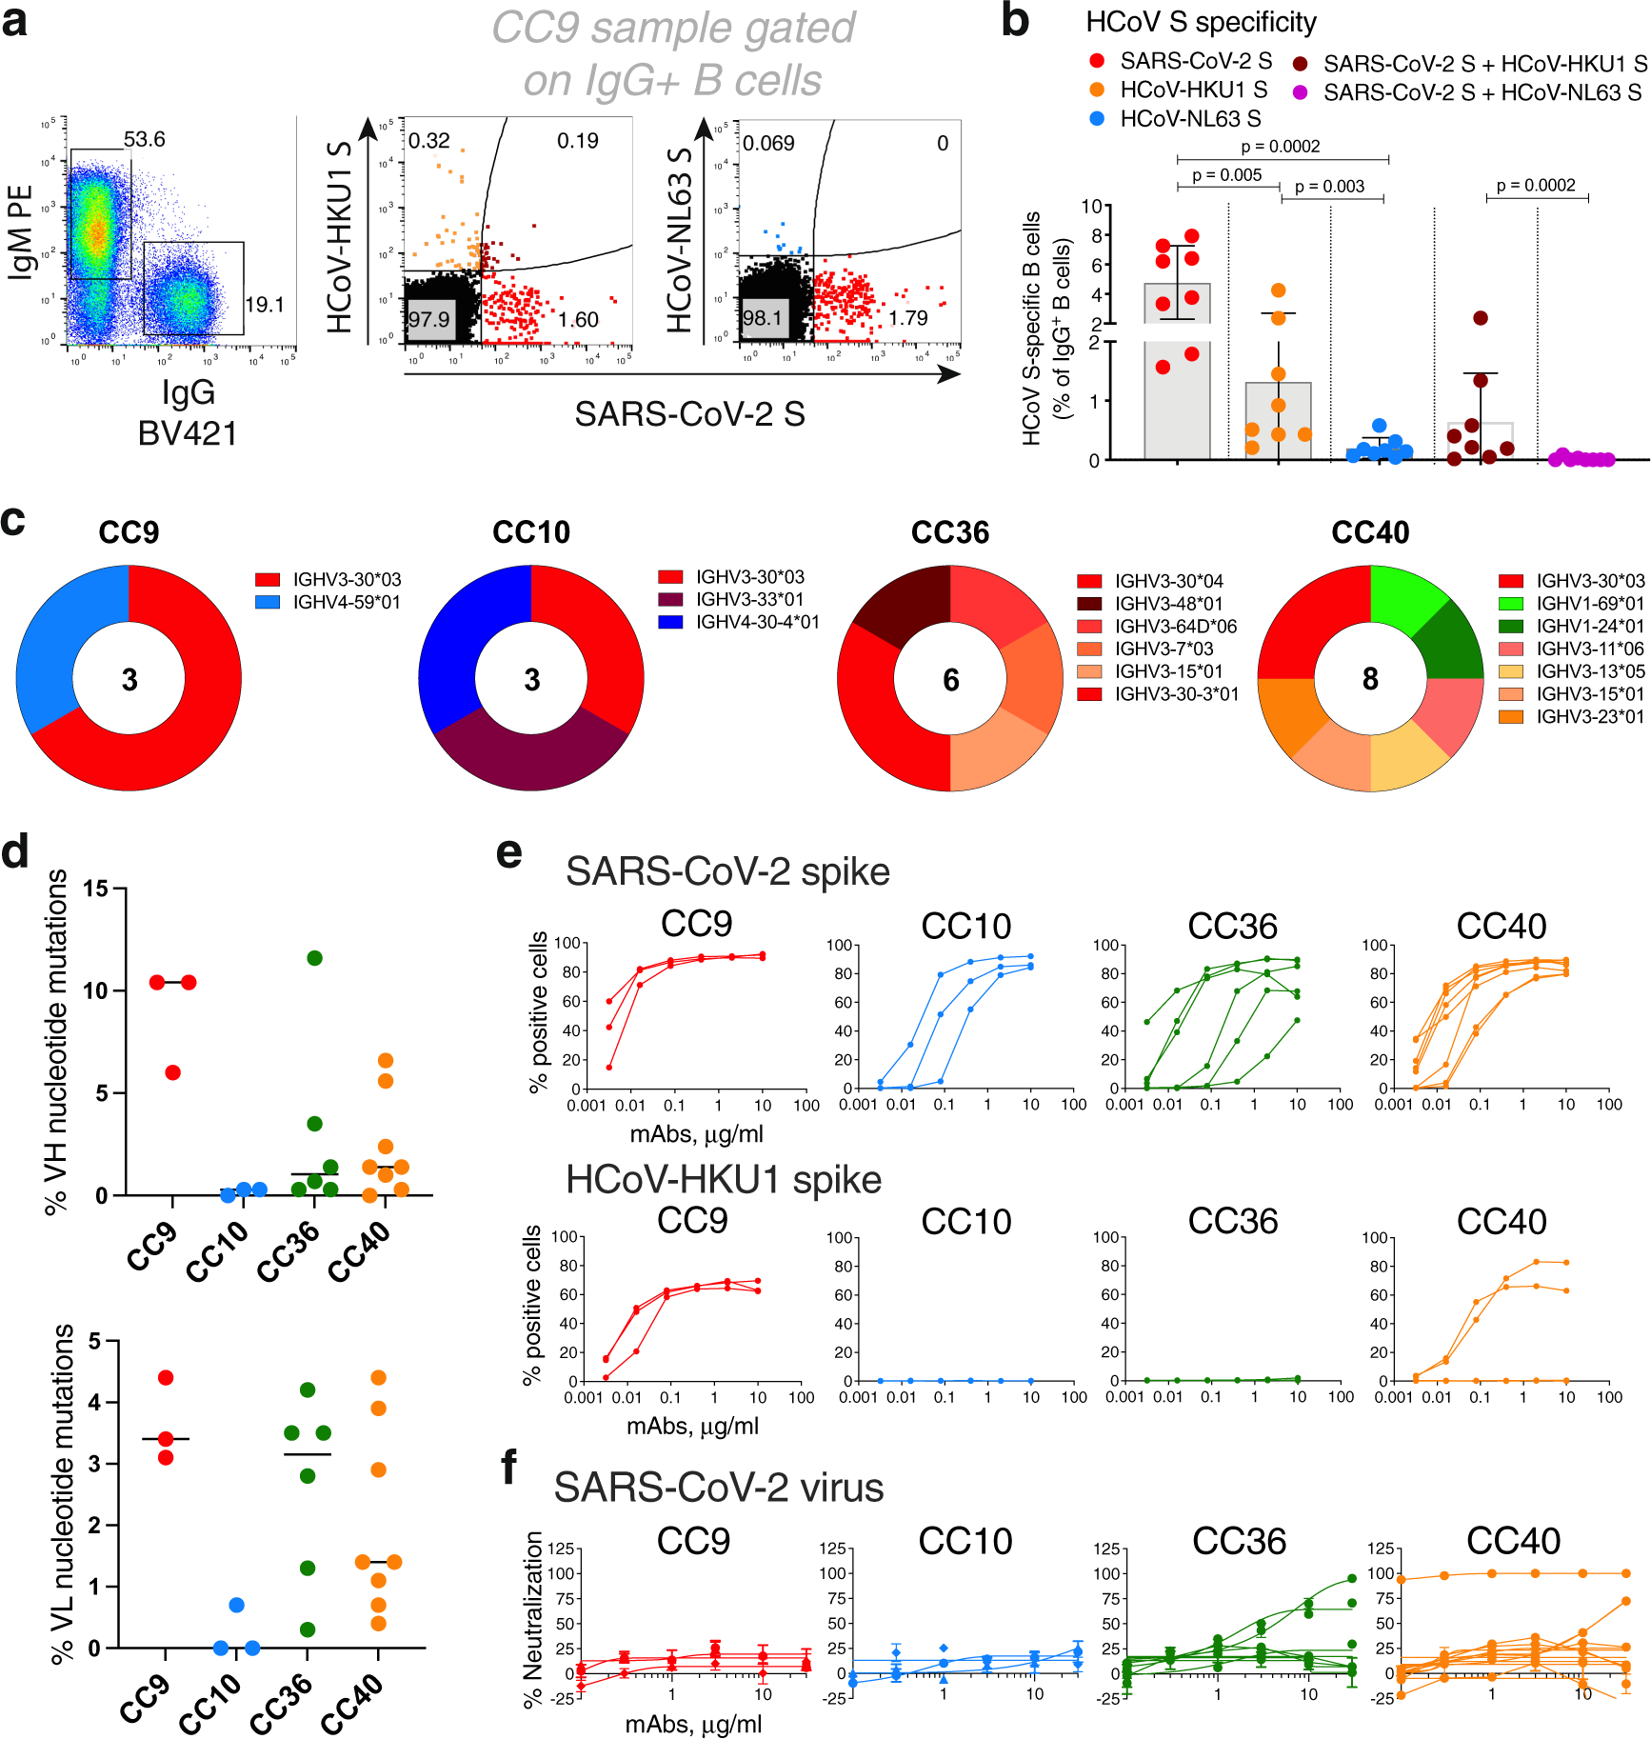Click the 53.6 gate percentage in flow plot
[x=144, y=140]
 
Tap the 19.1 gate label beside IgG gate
[x=264, y=305]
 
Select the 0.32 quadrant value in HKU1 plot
[x=428, y=141]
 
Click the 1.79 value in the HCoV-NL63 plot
[x=907, y=318]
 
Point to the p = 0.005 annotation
[x=1226, y=175]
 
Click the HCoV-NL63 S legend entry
[x=1190, y=119]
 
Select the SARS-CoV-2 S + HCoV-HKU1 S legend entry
[x=1484, y=64]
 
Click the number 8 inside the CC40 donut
[x=1369, y=679]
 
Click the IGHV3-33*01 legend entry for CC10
[x=749, y=599]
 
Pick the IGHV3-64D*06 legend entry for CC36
[x=1175, y=627]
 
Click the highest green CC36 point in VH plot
[x=314, y=958]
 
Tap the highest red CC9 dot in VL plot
[x=166, y=1377]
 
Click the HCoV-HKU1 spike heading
[x=724, y=1180]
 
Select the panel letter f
[x=509, y=1467]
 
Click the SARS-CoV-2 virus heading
[x=719, y=1488]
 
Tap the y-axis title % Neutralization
[x=533, y=1619]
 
